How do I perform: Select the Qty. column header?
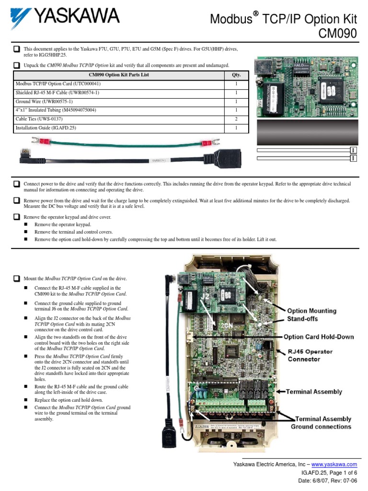click(236, 75)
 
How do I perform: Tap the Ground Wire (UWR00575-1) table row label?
click(44, 102)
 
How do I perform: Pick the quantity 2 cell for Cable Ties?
click(236, 119)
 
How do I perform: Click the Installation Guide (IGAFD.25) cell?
click(46, 128)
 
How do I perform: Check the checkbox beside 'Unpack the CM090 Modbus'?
click(17, 65)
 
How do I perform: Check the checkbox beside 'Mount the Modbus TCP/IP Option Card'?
click(17, 278)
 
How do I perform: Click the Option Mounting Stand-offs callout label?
click(311, 315)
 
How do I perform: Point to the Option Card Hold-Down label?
click(318, 337)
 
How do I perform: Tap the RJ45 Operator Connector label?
click(310, 355)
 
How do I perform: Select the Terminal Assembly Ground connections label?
click(321, 423)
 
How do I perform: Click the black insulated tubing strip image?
click(308, 132)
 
